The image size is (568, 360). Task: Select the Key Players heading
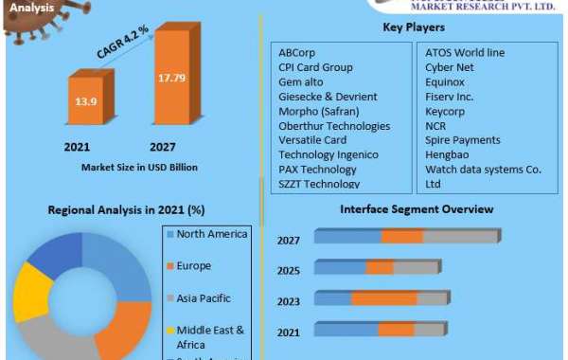413,28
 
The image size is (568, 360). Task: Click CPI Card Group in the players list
315,68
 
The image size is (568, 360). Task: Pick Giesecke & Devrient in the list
328,97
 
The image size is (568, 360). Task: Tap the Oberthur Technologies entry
333,126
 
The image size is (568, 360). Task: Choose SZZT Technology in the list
318,184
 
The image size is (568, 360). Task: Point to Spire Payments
463,140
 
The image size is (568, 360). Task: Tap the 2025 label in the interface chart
289,270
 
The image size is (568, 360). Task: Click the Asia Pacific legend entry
204,298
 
